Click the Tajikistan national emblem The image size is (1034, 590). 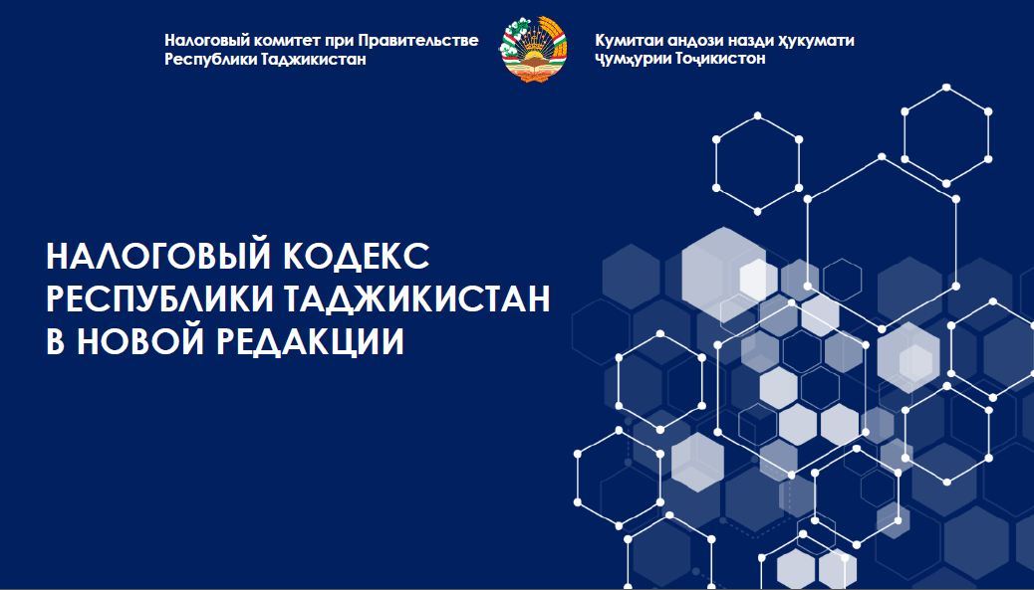pyautogui.click(x=534, y=50)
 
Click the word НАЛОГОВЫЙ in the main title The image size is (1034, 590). pyautogui.click(x=159, y=256)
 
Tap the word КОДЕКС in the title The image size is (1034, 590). pyautogui.click(x=357, y=256)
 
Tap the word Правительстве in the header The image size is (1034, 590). pyautogui.click(x=418, y=40)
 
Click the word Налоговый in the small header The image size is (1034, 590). pyautogui.click(x=205, y=41)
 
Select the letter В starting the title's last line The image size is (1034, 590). pyautogui.click(x=55, y=342)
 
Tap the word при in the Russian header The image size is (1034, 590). pyautogui.click(x=340, y=42)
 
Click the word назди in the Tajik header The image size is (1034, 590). pyautogui.click(x=749, y=41)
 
